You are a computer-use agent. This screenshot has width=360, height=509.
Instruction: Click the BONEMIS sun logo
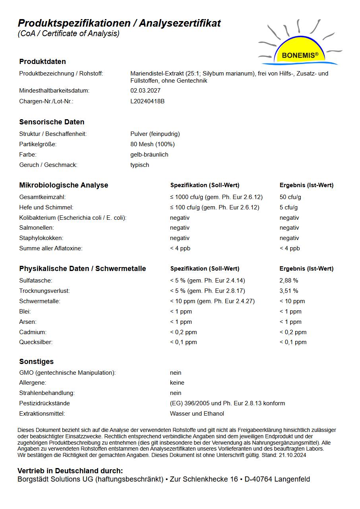coord(300,50)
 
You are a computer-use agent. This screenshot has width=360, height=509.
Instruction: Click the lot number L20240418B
coord(147,101)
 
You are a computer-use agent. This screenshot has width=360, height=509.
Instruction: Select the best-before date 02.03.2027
coord(145,91)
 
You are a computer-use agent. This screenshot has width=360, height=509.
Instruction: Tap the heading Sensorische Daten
coord(52,122)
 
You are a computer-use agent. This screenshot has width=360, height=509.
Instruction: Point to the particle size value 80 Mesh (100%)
coord(153,144)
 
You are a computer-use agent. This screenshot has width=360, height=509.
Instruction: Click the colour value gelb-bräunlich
coord(149,155)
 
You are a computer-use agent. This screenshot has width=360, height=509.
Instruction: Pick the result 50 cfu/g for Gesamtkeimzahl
coord(290,197)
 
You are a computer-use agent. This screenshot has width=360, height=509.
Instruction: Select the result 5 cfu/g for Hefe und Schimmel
coord(289,207)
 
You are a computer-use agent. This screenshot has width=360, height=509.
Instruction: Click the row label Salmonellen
coord(37,228)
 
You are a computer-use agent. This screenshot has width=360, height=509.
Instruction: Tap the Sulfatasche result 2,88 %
coord(289,281)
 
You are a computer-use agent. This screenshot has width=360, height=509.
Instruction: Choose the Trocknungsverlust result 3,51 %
coord(289,291)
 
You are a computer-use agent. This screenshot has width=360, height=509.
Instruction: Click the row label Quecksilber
coord(36,342)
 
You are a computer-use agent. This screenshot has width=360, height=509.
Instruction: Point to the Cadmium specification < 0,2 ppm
coord(184,332)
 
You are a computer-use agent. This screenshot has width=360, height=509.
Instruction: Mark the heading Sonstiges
coord(37,362)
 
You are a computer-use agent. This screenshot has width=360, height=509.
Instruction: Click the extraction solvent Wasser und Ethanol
coord(197,414)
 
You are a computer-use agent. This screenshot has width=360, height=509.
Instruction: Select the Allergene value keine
coord(177,383)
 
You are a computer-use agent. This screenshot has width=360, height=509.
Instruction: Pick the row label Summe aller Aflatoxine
coord(51,248)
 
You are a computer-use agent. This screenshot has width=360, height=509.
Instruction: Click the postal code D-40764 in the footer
coord(258,479)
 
